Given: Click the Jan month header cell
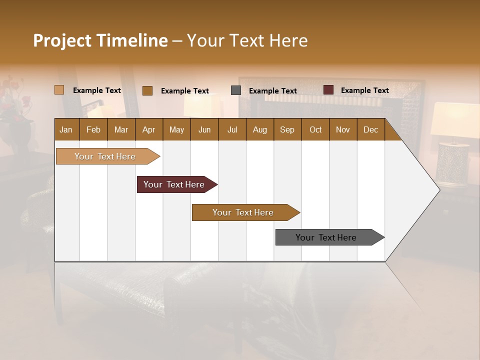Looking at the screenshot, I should [66, 129].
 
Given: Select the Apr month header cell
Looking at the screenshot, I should [149, 129].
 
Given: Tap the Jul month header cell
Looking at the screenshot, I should [232, 129].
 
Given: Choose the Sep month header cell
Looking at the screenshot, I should [287, 129].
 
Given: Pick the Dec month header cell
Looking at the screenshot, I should [370, 129].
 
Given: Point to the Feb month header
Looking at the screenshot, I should [93, 129].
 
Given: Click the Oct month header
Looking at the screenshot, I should [315, 129].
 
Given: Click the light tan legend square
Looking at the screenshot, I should [59, 90].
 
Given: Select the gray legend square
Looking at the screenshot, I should [236, 90].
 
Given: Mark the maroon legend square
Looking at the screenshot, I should [328, 90].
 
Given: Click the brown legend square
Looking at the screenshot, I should [147, 90].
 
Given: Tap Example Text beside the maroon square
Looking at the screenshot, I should [364, 90].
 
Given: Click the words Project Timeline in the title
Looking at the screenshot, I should [100, 40].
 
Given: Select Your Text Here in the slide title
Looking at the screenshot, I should [247, 40].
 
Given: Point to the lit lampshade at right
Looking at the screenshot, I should [454, 120].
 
